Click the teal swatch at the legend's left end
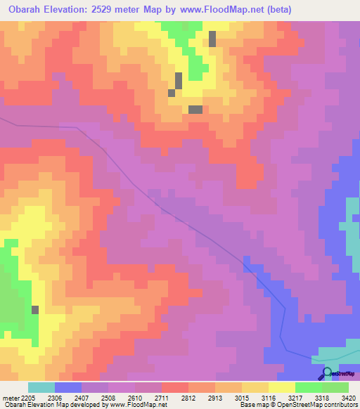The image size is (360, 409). [x=41, y=387]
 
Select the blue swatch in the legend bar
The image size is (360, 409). [x=68, y=387]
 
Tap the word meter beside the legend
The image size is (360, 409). [x=11, y=397]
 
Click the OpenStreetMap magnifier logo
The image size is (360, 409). [x=326, y=374]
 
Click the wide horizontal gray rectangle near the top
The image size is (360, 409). [x=195, y=109]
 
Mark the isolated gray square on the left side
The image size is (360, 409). [x=35, y=309]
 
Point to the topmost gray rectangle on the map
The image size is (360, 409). [x=212, y=39]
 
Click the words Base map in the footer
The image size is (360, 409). [x=249, y=405]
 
